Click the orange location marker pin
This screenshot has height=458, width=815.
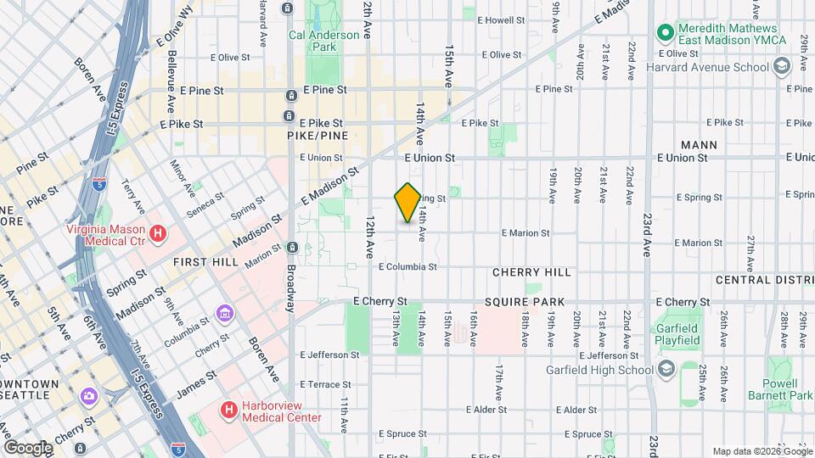pos(407,203)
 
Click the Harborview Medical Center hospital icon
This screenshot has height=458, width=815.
pos(228,411)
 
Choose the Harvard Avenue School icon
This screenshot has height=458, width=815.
pos(783,67)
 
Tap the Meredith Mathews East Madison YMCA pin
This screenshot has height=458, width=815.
pos(665,33)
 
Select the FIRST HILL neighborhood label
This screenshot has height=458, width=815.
pos(205,263)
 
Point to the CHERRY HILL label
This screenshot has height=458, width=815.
pos(532,272)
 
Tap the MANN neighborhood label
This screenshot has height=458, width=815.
pos(699,145)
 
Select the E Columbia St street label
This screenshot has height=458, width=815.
pos(407,266)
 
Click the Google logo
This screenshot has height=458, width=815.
pos(28,447)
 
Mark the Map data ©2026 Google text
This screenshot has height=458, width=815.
pos(761,451)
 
